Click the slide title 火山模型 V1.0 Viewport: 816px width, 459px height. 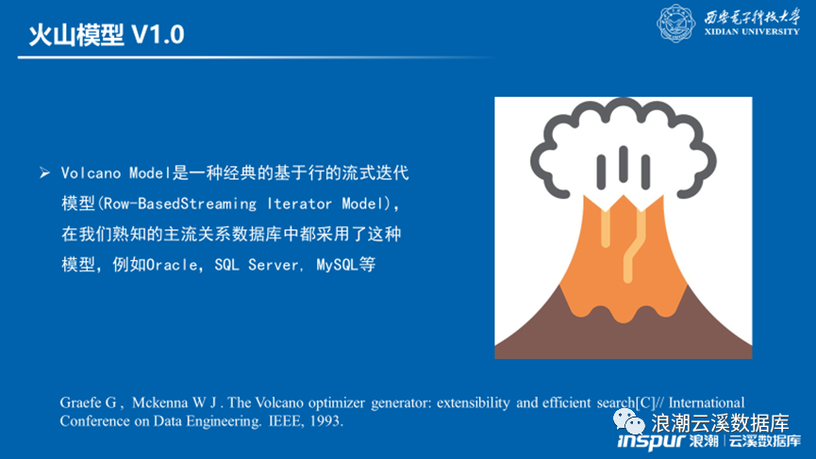(107, 35)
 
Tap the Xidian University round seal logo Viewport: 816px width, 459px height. (675, 24)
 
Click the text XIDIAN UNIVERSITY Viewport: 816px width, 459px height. (752, 32)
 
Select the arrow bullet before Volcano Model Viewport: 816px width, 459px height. (44, 172)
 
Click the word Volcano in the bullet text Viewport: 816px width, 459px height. (92, 173)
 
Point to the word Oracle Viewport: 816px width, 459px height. (172, 265)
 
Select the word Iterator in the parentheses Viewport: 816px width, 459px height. (299, 204)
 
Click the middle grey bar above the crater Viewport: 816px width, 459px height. (624, 164)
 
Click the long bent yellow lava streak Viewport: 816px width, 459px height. (633, 244)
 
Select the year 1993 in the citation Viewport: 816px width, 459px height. (325, 420)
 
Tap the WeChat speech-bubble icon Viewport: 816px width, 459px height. (628, 421)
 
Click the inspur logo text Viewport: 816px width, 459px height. (651, 441)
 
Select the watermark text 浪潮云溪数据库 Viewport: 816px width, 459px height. (720, 423)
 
